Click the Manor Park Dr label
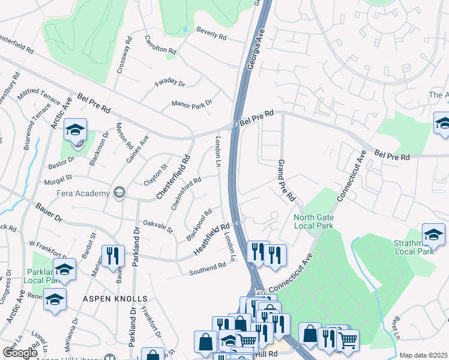coord(192,104)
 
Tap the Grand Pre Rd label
coord(286,180)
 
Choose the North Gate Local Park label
coord(313,221)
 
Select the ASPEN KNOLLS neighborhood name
coord(115,299)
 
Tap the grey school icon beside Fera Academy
coord(119,193)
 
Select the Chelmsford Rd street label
coord(186,194)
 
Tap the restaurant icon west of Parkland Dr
coord(112,254)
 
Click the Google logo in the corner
coord(20,353)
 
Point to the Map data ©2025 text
coord(423,355)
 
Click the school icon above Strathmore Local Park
coord(433,233)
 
